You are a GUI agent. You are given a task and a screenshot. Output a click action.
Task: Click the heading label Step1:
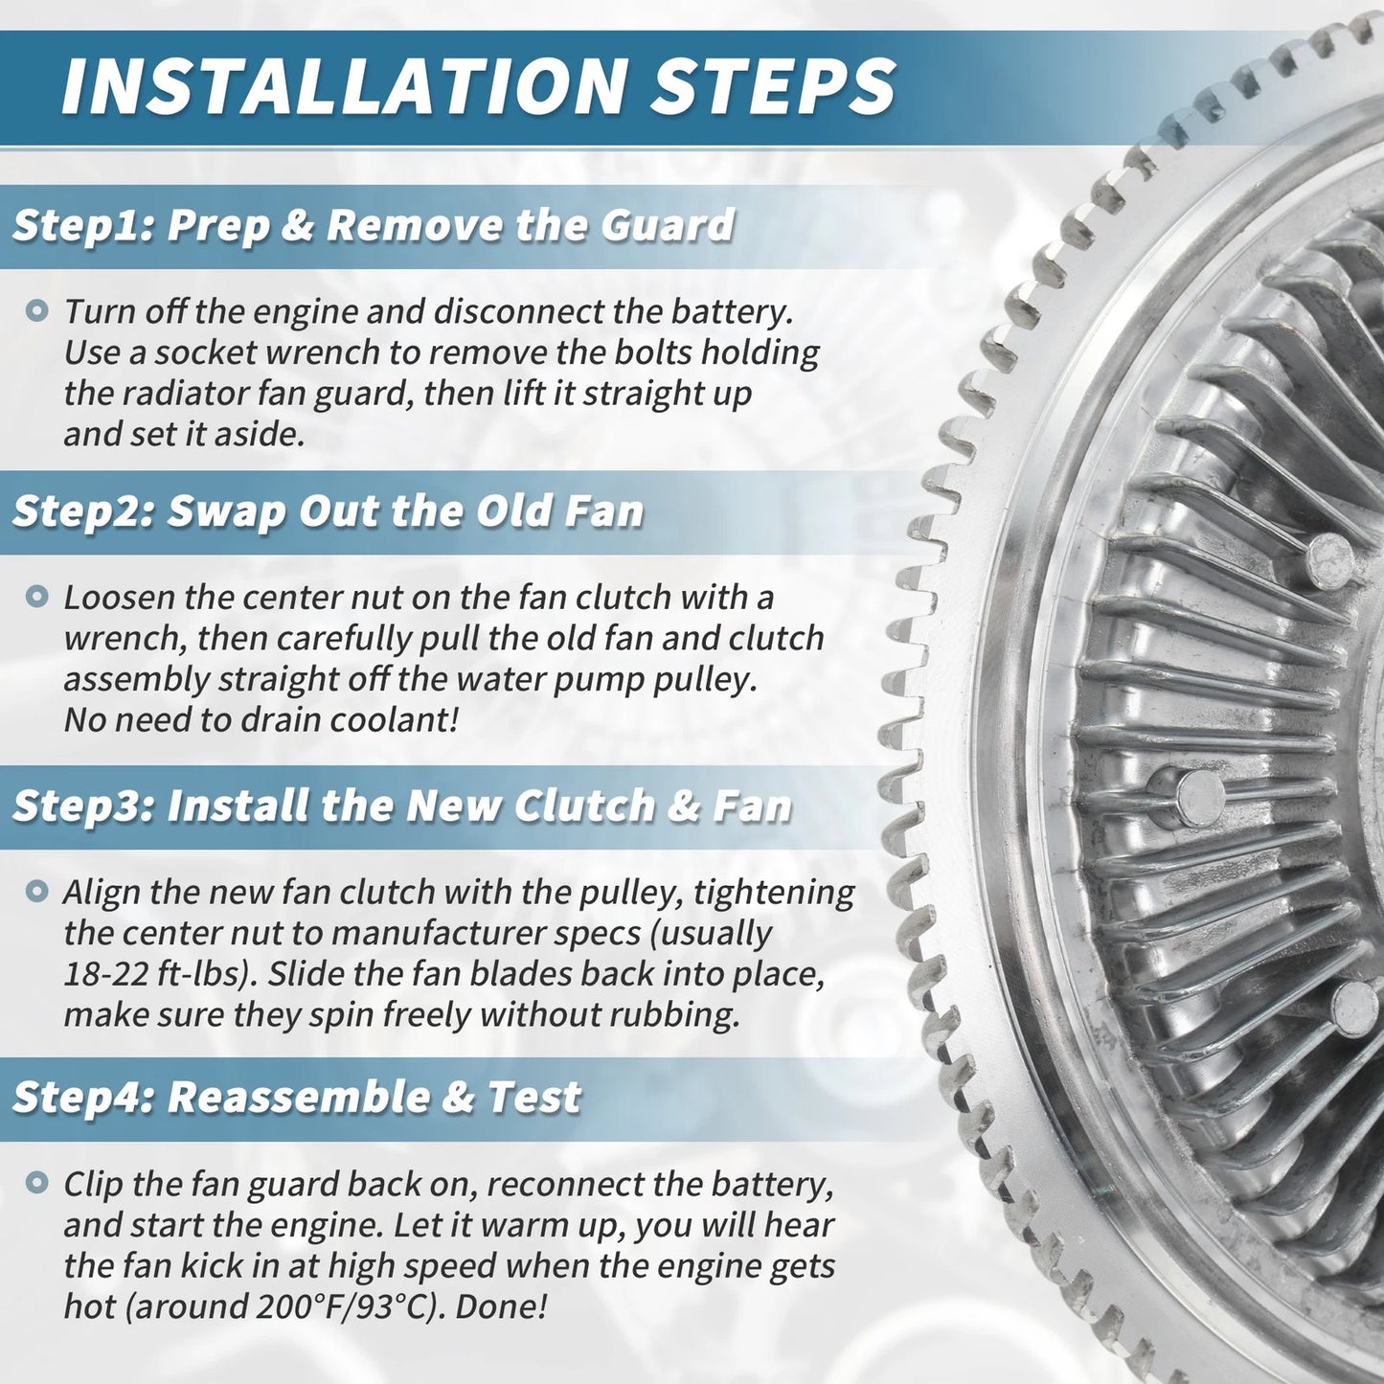(82, 225)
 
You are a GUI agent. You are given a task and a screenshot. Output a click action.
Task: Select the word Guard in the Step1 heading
(668, 224)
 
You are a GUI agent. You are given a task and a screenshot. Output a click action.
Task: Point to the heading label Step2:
(82, 510)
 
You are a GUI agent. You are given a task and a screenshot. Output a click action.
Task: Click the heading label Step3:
(82, 805)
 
